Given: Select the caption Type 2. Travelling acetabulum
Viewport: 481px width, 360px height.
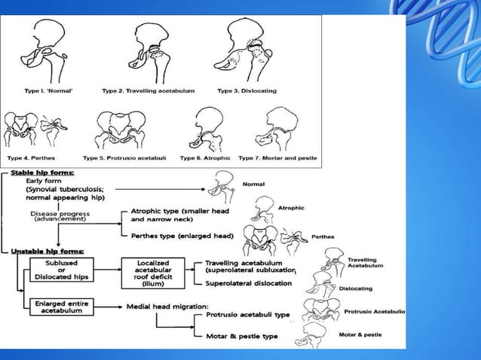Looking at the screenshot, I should (149, 90).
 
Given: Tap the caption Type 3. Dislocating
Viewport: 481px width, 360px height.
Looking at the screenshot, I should (247, 90).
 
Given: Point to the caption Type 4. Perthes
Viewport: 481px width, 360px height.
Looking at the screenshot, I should (32, 158).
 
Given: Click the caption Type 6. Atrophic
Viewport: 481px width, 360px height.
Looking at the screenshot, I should (205, 158).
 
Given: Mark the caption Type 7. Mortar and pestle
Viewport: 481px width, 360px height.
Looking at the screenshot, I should (278, 158).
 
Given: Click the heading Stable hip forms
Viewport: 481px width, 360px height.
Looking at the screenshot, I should (44, 173).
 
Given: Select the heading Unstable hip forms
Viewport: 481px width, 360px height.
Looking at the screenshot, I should (47, 251).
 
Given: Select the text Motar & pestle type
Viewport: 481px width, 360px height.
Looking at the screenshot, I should (241, 336).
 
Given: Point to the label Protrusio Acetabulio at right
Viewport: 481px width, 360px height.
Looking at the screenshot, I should (374, 311).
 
